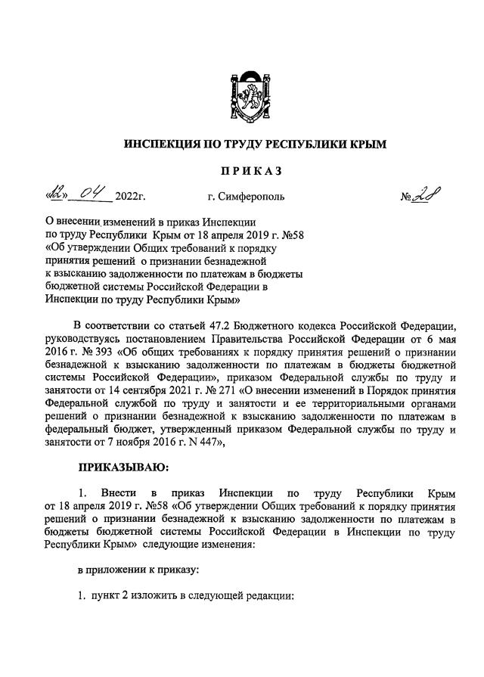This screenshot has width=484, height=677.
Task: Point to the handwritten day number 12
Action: [x=54, y=197]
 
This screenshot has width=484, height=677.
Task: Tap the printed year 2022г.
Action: [x=130, y=199]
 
